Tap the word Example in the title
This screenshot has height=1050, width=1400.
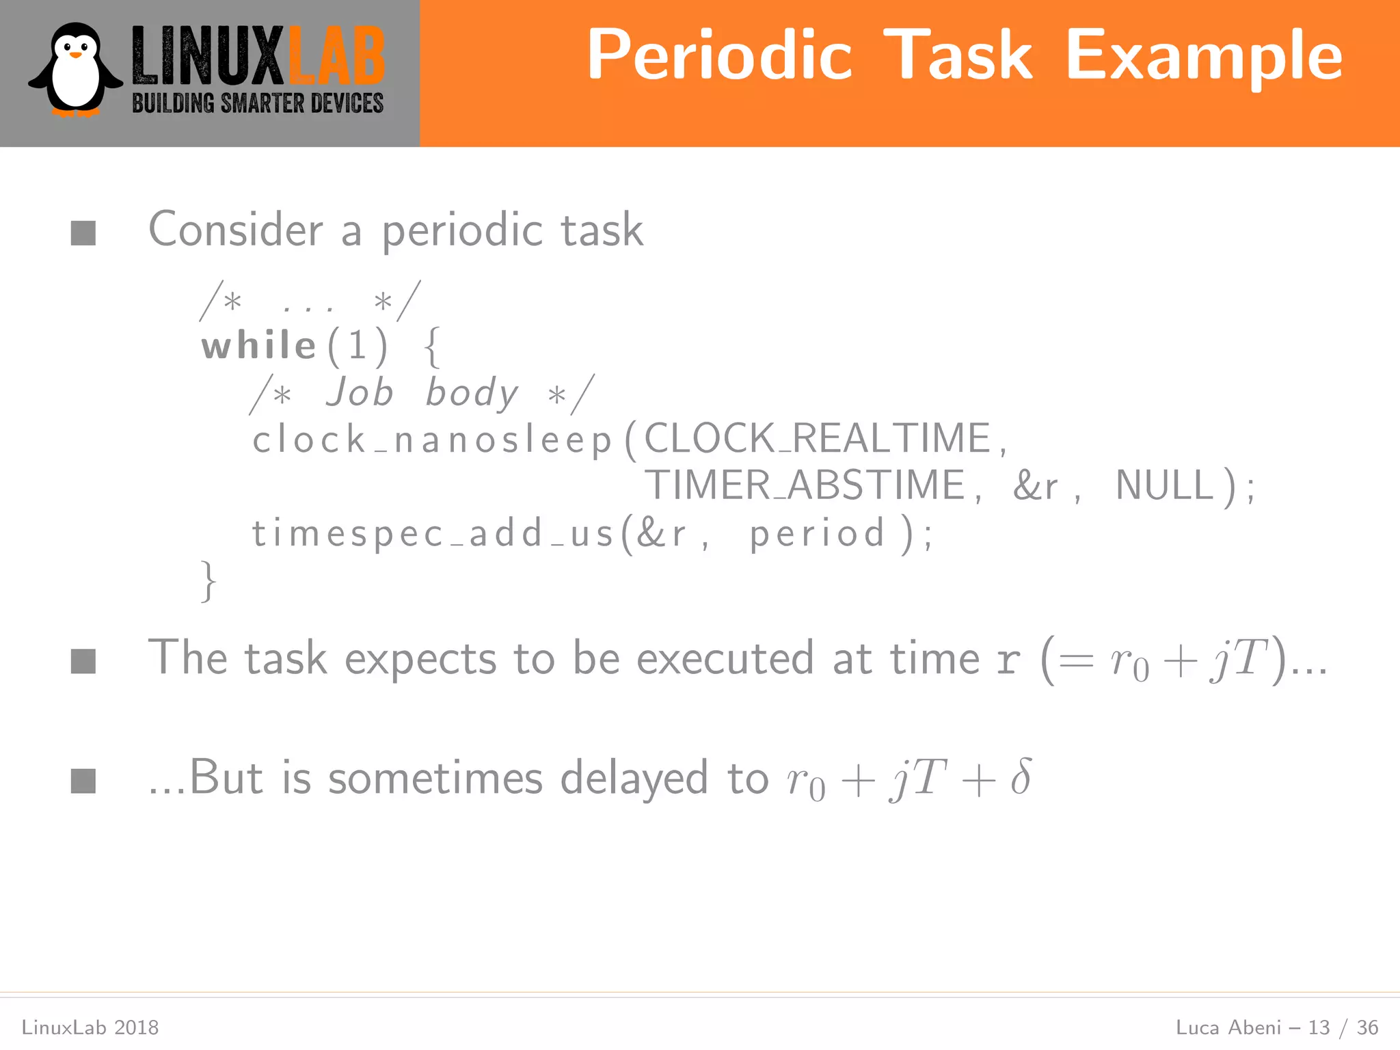(x=1204, y=56)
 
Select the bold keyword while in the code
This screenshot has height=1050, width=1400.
(x=258, y=345)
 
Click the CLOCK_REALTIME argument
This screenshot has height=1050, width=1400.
(x=817, y=438)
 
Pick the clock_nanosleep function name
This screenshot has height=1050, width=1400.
(x=432, y=440)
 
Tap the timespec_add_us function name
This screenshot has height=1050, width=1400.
(x=432, y=533)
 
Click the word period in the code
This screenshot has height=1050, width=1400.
(x=817, y=534)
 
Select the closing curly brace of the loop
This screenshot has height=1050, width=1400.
(x=208, y=581)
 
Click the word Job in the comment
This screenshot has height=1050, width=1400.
(x=360, y=392)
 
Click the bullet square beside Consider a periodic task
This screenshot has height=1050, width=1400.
(x=83, y=233)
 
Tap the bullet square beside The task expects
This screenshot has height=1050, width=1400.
(x=83, y=661)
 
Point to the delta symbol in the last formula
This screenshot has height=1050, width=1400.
(x=1020, y=777)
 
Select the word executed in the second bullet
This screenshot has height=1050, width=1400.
(x=725, y=658)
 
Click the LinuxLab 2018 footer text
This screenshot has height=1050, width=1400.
(x=90, y=1027)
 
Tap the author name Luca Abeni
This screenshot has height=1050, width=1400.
(x=1228, y=1027)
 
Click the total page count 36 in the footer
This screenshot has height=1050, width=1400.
(x=1367, y=1027)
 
